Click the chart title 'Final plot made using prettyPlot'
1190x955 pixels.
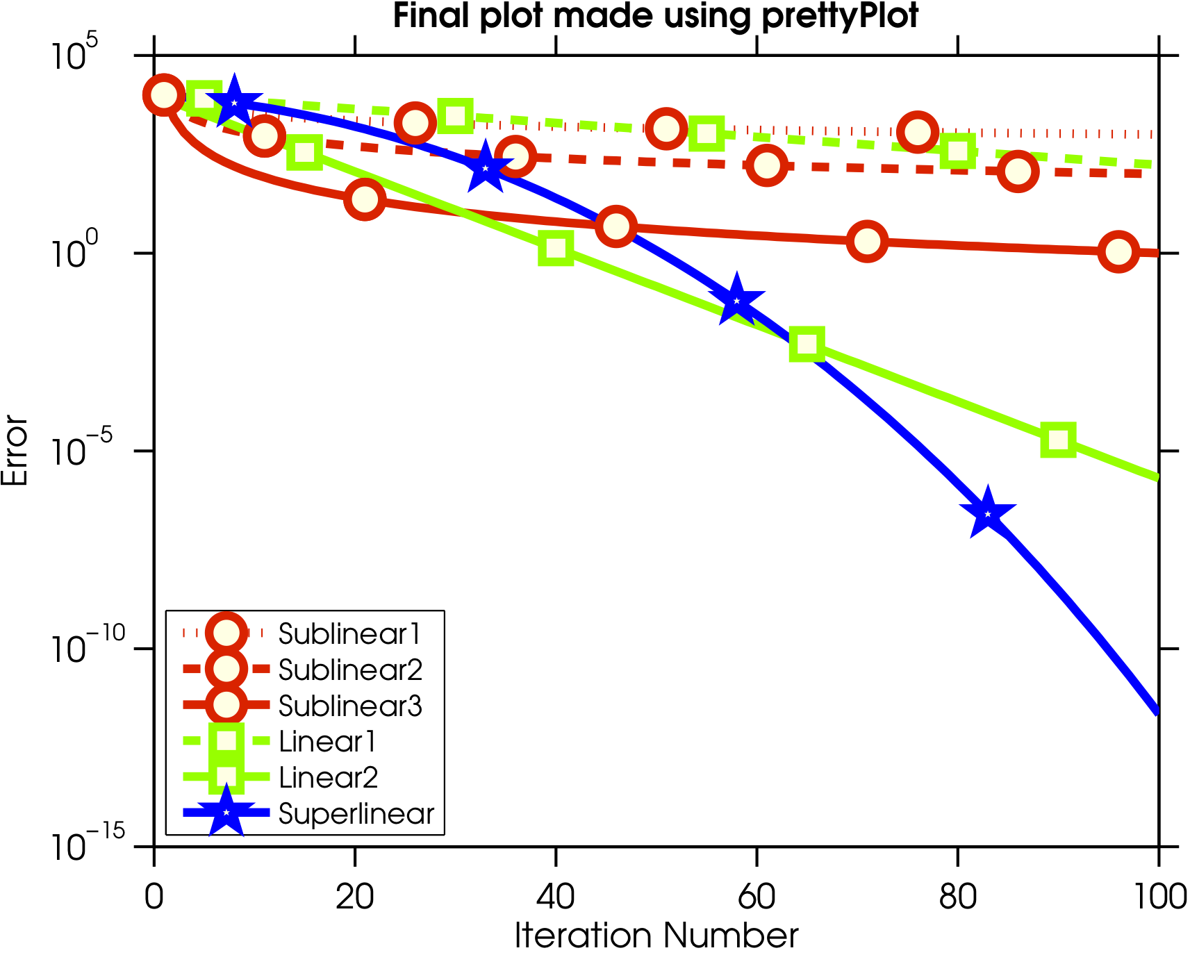click(x=656, y=15)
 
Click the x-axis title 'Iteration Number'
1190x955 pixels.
click(x=656, y=936)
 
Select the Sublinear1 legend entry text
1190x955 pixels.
click(x=349, y=633)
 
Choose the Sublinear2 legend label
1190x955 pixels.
click(x=350, y=670)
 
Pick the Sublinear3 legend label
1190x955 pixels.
click(x=350, y=706)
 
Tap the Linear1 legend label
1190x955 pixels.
click(x=327, y=742)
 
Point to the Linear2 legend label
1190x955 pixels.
click(x=328, y=777)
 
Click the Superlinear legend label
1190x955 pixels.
click(x=356, y=813)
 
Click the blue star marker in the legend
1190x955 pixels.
click(x=226, y=812)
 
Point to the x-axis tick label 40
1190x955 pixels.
click(x=555, y=897)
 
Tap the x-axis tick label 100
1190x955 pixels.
click(x=1158, y=897)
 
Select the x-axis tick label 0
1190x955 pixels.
click(x=154, y=897)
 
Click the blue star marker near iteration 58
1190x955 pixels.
click(x=736, y=301)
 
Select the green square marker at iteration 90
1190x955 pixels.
click(x=1058, y=440)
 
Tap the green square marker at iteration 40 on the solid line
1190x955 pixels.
click(x=556, y=248)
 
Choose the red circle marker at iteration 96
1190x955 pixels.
click(x=1118, y=251)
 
